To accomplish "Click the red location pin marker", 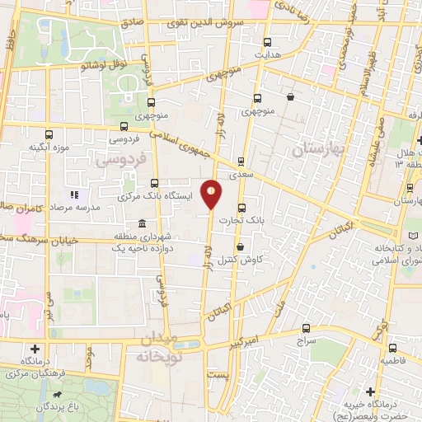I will click(x=212, y=194).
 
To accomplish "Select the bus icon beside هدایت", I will click(x=266, y=42).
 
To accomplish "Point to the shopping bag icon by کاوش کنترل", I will click(x=240, y=246).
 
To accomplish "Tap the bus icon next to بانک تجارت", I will click(x=241, y=208).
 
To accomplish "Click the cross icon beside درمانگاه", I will click(x=34, y=349).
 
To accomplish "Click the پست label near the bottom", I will click(x=218, y=374).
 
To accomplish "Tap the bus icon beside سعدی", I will click(x=241, y=162).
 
